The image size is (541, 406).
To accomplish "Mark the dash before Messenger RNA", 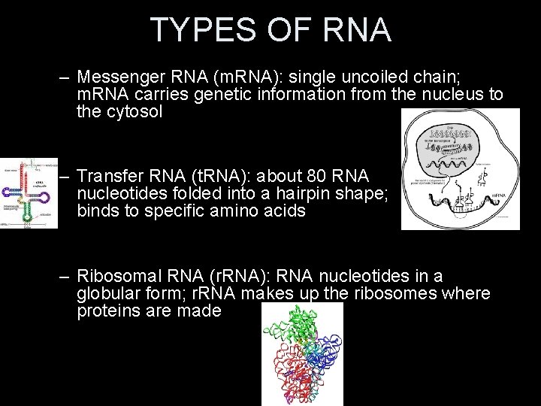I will tap(65, 77).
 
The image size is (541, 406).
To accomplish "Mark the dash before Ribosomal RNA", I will tap(65, 276).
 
